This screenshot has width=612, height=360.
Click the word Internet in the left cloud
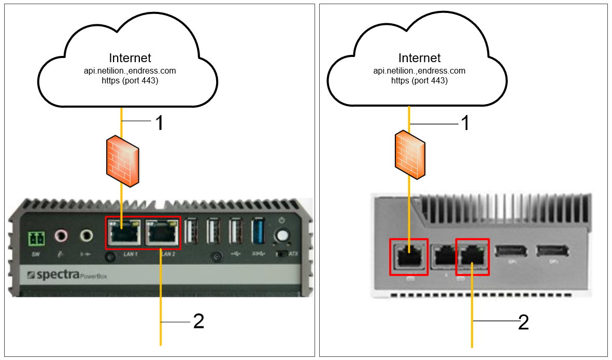tap(130, 57)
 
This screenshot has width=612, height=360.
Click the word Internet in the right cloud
tap(419, 57)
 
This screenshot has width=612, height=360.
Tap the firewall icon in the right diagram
tap(410, 155)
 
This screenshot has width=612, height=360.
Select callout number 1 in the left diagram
tap(160, 123)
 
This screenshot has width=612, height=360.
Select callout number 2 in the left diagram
tap(198, 322)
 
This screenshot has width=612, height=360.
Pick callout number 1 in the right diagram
tap(465, 123)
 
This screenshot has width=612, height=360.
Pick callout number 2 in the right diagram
tap(524, 322)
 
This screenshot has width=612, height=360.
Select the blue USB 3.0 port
tap(258, 232)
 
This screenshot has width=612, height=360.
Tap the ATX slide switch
tap(282, 254)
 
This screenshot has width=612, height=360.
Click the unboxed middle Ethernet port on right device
tap(441, 256)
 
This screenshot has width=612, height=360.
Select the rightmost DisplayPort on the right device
tap(551, 251)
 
